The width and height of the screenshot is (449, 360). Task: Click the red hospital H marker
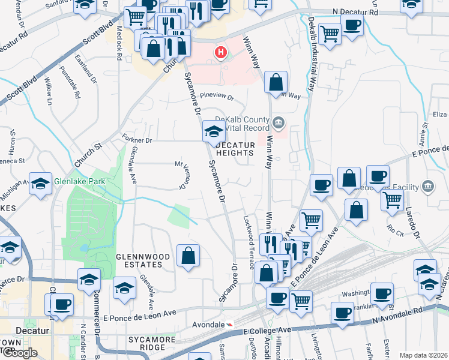coord(221,53)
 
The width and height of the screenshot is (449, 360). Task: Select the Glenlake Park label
coord(79,181)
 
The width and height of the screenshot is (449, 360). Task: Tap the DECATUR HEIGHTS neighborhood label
coord(239,149)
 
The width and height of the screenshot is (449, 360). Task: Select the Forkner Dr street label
coord(138,139)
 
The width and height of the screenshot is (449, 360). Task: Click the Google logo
coord(20,353)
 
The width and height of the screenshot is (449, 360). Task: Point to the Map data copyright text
coord(423,355)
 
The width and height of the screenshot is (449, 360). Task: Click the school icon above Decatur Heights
coord(214,131)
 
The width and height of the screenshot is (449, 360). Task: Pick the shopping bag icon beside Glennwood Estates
coord(188,256)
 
